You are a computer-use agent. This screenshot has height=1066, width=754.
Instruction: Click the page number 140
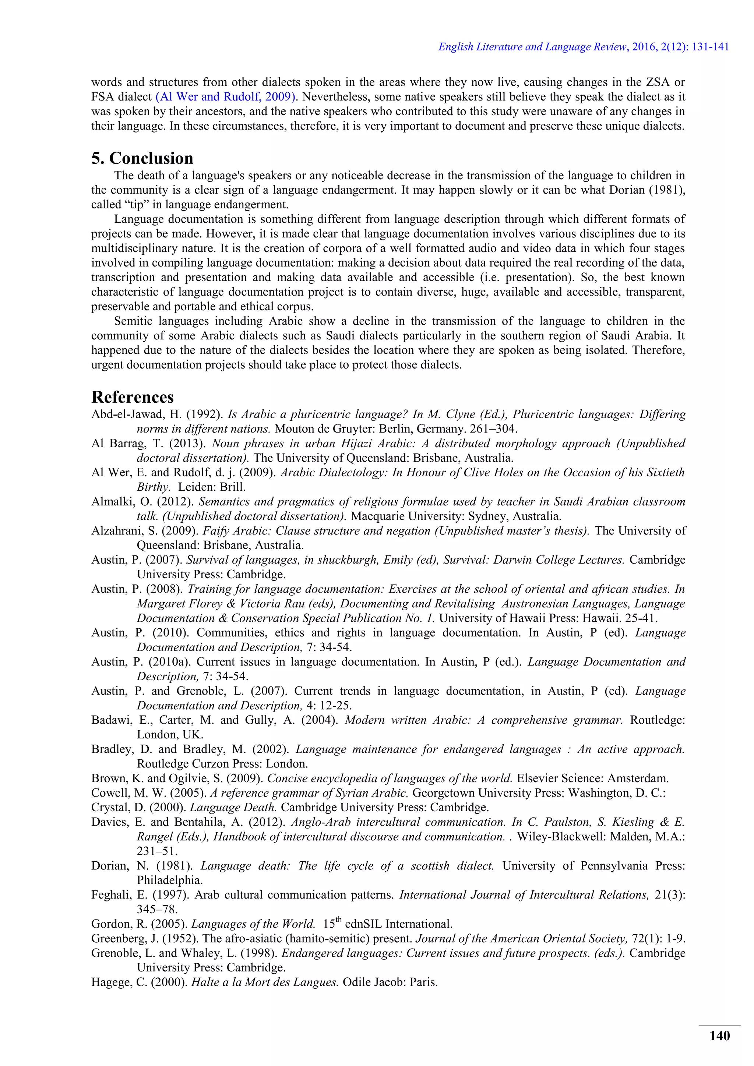(719, 1036)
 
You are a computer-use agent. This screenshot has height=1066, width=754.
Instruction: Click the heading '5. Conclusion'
(142, 158)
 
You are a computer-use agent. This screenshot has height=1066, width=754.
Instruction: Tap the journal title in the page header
(533, 47)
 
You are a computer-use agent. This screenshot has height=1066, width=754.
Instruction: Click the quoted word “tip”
(133, 205)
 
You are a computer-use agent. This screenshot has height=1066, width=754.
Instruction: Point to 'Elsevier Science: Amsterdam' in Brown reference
(592, 778)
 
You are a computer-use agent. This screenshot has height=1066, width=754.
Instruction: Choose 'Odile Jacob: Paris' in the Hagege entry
(390, 982)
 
